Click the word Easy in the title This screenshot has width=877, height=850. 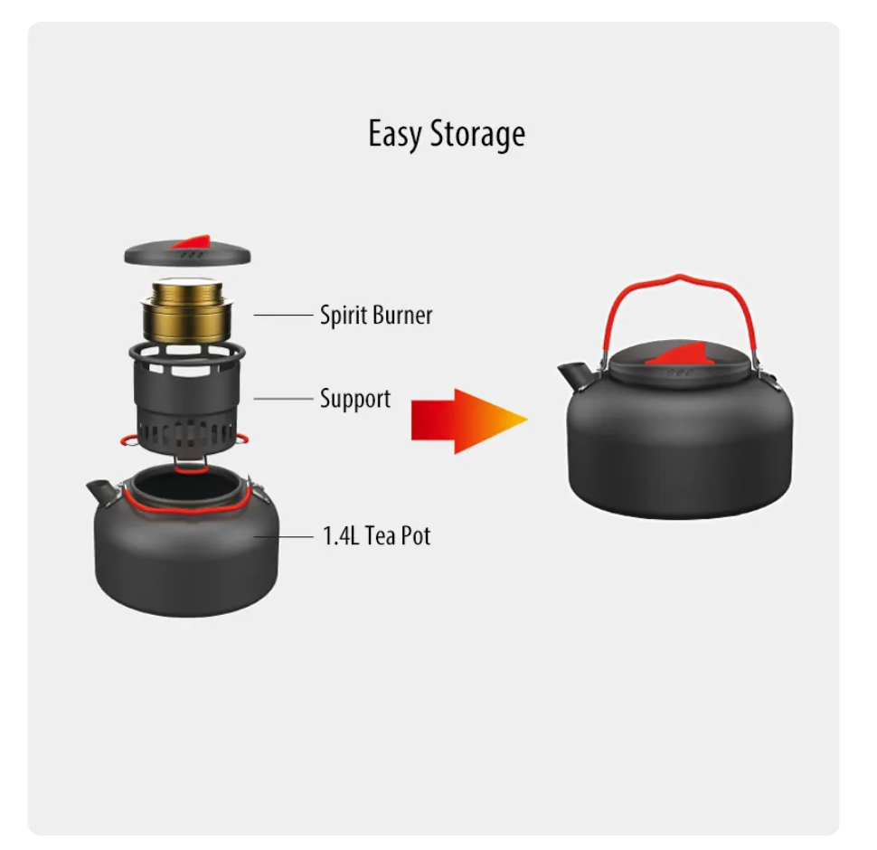(394, 135)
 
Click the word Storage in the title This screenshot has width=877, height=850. (477, 135)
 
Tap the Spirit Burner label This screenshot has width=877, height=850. (376, 316)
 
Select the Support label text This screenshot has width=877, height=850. (355, 400)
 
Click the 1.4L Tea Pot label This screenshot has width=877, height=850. (376, 535)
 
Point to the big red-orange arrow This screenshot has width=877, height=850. (468, 420)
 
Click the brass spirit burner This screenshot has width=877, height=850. (187, 310)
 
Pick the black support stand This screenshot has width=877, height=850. (187, 398)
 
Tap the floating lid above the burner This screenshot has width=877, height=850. (187, 251)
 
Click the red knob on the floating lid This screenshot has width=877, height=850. (193, 241)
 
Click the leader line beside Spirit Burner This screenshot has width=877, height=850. (283, 316)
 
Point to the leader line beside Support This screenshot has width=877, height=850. (283, 399)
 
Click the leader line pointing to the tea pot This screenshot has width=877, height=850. (283, 537)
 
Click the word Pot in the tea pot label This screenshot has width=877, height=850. (414, 535)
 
